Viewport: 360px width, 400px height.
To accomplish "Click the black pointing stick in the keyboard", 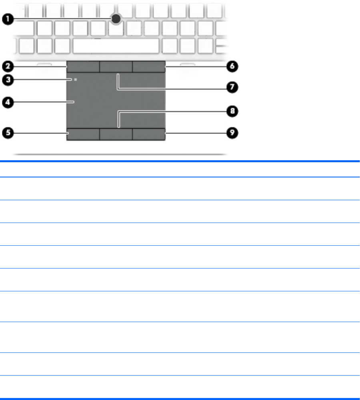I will [116, 18].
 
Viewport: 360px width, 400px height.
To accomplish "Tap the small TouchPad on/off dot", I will [75, 80].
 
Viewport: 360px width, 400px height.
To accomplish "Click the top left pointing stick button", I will [83, 67].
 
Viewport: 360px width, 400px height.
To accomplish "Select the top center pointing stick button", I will [116, 67].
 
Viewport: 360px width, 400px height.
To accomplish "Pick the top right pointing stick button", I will [149, 67].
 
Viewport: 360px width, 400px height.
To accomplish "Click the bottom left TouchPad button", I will [83, 134].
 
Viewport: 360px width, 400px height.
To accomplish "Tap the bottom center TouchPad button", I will [116, 134].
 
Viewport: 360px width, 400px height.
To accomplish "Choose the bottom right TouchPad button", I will [149, 134].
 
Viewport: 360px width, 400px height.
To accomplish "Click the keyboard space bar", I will [116, 46].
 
